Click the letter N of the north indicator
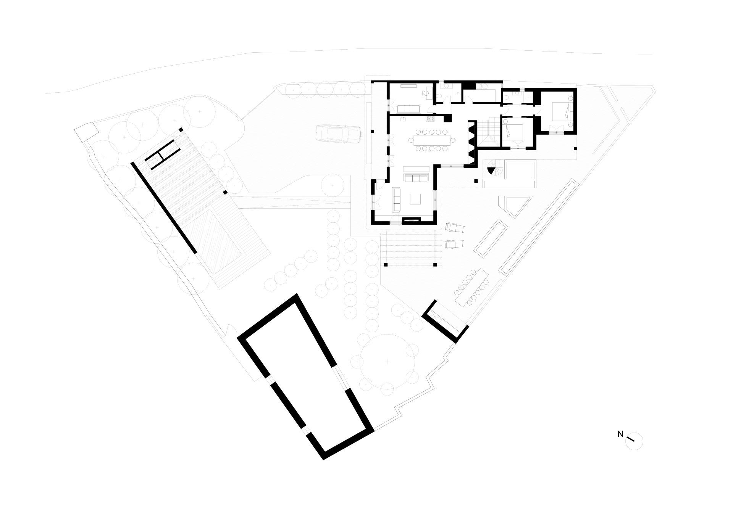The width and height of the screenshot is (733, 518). pos(620,434)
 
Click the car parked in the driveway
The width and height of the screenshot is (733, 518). pos(338,134)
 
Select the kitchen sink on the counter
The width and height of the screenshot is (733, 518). pos(403,119)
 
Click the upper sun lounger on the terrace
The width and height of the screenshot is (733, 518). pos(455,228)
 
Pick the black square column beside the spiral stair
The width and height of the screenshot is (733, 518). pos(476,182)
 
